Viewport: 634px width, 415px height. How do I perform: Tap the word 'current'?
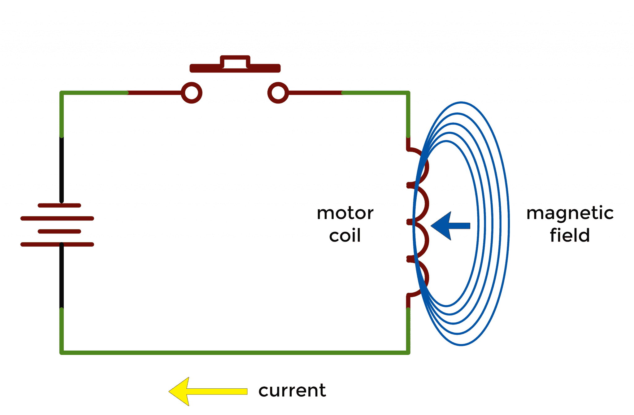292,391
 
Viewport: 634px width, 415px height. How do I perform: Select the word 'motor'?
345,213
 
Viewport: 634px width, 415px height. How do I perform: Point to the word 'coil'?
345,236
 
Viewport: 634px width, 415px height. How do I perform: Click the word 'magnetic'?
570,213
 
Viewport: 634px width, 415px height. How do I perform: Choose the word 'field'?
570,235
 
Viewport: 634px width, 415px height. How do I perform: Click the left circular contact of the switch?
192,93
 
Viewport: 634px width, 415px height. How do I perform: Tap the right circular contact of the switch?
278,93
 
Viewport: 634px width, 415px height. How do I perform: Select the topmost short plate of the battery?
59,205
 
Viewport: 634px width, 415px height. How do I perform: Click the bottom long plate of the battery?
57,244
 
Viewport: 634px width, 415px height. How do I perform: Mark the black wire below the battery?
62,276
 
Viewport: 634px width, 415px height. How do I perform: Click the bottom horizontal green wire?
235,353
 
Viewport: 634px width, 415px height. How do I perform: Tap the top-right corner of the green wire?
408,93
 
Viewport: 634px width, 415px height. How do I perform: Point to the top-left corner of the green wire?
62,93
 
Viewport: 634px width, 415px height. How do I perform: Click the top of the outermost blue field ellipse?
461,103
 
